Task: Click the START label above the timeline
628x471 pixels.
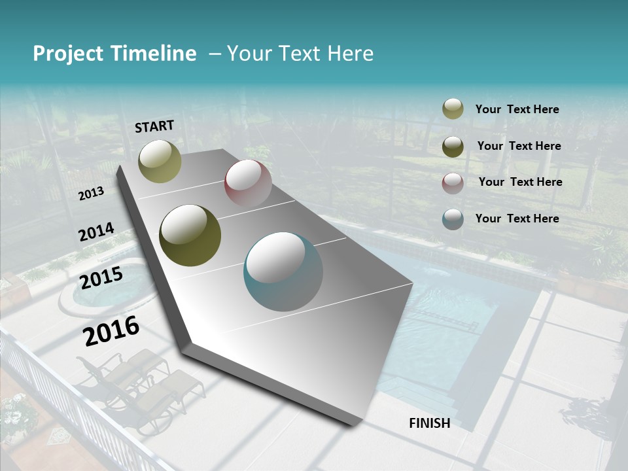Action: tap(154, 126)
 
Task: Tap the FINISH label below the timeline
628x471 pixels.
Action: tap(430, 423)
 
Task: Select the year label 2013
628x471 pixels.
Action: tap(91, 194)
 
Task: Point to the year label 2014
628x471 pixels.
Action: tap(96, 232)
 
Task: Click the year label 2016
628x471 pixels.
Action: tap(111, 330)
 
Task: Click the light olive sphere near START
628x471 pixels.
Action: tap(160, 161)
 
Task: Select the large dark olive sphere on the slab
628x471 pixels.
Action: tap(190, 235)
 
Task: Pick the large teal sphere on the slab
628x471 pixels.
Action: tap(283, 271)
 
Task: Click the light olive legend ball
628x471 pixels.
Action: tap(453, 109)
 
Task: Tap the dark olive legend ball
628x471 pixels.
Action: tap(453, 147)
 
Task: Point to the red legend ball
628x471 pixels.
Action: tap(453, 183)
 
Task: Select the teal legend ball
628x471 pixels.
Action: tap(453, 219)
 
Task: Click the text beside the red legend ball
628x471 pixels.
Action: tap(520, 182)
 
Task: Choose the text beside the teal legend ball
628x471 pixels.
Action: tap(517, 218)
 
